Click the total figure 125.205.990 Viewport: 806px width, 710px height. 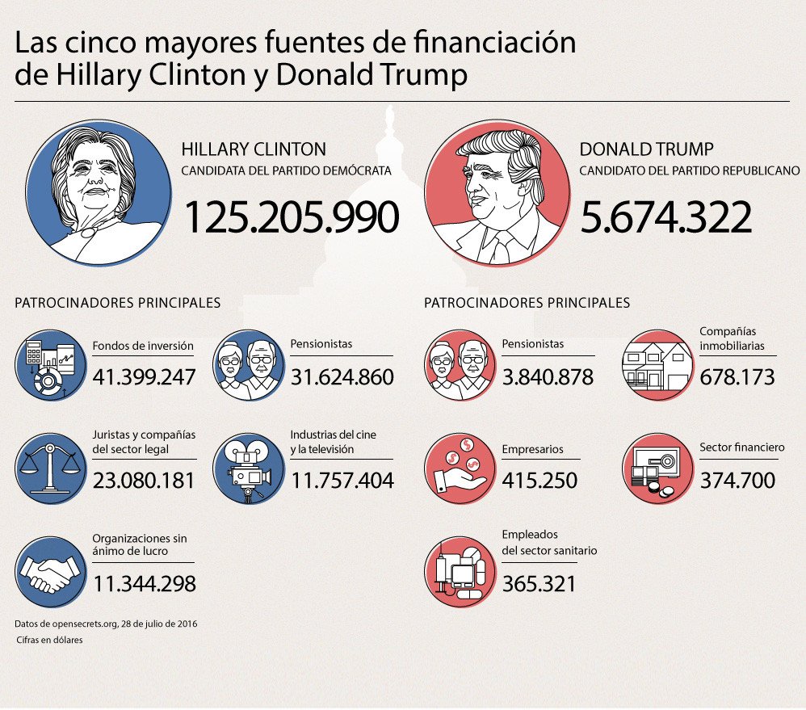[x=292, y=216]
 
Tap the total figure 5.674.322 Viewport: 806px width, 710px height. [x=665, y=216]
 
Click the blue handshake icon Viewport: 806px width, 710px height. [x=50, y=572]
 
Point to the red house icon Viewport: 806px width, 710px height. [x=657, y=365]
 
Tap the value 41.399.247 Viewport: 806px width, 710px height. [x=144, y=376]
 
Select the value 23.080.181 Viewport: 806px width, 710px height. [x=144, y=481]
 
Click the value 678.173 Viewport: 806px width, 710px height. [x=737, y=376]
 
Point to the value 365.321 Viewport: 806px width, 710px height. [x=539, y=583]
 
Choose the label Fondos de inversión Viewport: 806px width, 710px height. [x=142, y=345]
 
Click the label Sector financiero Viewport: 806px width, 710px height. [x=741, y=447]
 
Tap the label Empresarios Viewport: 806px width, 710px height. [x=532, y=449]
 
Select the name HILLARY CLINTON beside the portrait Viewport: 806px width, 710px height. [x=254, y=149]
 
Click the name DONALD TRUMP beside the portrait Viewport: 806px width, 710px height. [x=646, y=149]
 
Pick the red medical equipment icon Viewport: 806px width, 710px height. [x=460, y=572]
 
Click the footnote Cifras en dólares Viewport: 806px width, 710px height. [x=50, y=640]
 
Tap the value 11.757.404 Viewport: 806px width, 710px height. [x=342, y=481]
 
